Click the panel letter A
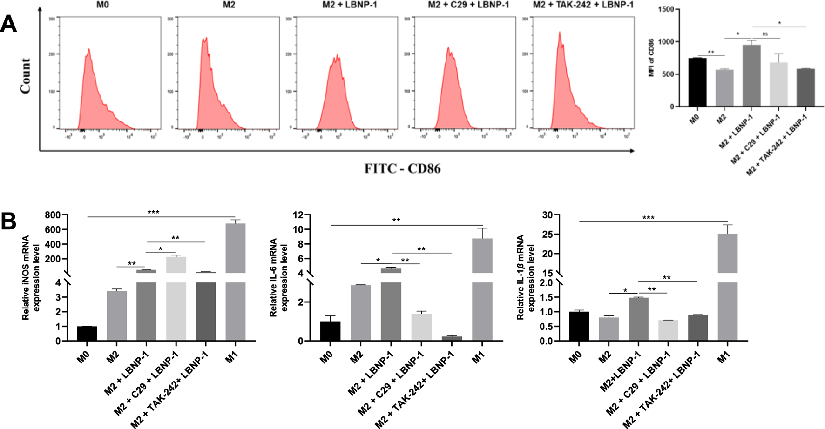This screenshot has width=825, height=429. click(x=8, y=24)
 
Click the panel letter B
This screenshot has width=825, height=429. click(x=8, y=221)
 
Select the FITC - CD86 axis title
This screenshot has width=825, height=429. click(x=402, y=168)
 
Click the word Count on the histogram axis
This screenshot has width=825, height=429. click(x=26, y=76)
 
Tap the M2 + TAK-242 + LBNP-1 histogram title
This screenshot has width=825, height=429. click(x=583, y=5)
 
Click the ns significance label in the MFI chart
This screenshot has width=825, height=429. click(x=765, y=34)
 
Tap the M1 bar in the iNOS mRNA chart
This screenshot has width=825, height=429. click(x=235, y=279)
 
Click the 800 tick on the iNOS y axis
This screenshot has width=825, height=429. click(x=53, y=215)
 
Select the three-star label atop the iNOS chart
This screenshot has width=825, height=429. click(x=153, y=213)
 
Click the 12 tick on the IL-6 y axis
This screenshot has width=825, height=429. click(x=298, y=215)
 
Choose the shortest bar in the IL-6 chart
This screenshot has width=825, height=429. click(x=452, y=338)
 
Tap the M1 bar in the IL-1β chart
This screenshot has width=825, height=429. click(x=727, y=279)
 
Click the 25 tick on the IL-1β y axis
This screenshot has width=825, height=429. click(x=547, y=235)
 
